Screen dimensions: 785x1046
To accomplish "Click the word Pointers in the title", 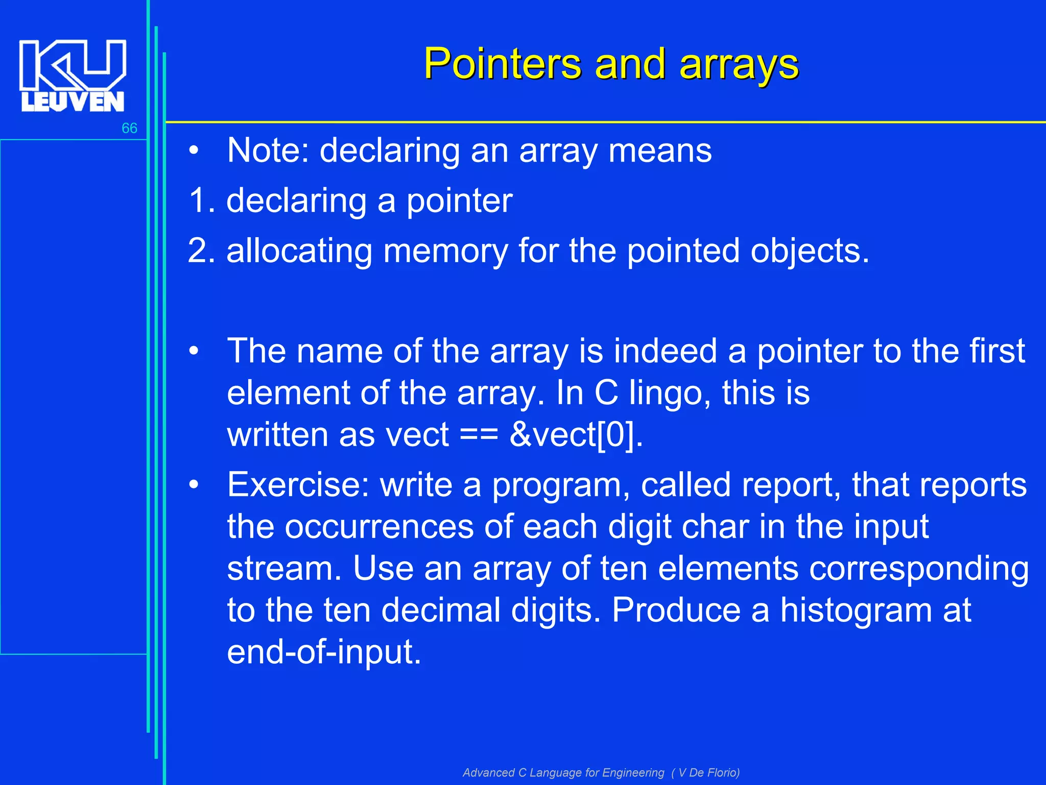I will [x=503, y=64].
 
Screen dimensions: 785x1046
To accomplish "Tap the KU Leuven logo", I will [x=73, y=76].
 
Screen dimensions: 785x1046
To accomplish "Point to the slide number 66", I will [x=129, y=128].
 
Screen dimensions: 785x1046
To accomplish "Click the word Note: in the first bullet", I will [x=268, y=150].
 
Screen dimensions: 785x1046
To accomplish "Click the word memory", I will [x=445, y=251].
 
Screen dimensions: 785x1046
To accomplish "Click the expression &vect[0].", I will [x=576, y=435].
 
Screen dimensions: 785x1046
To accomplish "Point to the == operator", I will [x=479, y=435].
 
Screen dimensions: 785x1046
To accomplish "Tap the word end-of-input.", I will [x=324, y=652].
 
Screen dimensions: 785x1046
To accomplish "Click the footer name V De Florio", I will [x=708, y=772].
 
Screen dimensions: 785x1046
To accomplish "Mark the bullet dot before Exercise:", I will [x=193, y=484].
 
